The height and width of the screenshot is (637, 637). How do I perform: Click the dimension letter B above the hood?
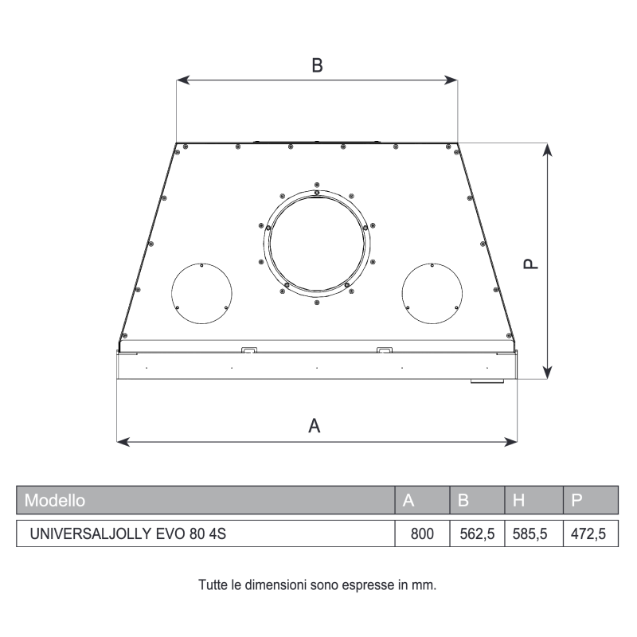(x=317, y=66)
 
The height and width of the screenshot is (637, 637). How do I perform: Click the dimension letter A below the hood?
(x=315, y=426)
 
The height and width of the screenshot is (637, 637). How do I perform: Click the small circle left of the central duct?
(x=202, y=291)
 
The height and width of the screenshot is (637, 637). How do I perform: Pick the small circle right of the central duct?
(x=432, y=291)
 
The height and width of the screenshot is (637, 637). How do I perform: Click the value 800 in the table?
(x=421, y=534)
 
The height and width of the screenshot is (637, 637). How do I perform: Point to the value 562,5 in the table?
(x=477, y=534)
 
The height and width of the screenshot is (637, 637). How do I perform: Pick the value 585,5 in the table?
(x=533, y=534)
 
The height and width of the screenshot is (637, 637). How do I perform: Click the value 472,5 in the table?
(x=590, y=534)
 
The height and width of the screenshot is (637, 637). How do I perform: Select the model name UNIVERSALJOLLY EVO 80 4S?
(x=127, y=534)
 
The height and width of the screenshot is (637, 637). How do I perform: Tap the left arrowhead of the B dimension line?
(x=180, y=80)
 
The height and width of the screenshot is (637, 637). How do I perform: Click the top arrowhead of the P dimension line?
(x=547, y=149)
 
